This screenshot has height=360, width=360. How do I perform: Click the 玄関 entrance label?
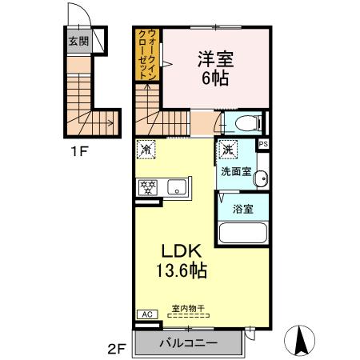point(77,42)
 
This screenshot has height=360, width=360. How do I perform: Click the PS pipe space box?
point(264,145)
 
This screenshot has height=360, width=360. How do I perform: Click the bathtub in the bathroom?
point(243,235)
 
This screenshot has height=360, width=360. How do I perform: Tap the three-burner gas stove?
point(149,187)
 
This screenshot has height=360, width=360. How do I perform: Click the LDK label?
point(185,250)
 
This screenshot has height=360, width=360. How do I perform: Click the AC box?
point(146,314)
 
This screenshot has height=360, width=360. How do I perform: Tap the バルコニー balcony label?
point(188,344)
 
